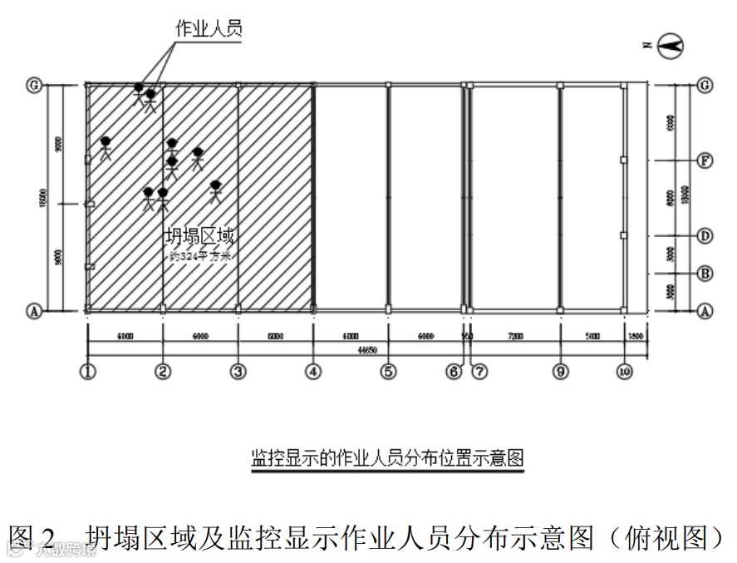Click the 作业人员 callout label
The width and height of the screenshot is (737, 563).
pos(208,27)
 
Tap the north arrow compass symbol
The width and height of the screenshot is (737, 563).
pos(670,46)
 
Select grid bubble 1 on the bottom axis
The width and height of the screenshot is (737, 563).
pos(88,372)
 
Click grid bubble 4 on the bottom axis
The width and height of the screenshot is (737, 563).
pos(313,372)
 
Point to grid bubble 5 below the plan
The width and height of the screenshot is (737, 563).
pos(388,372)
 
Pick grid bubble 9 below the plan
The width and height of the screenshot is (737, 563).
pos(561,372)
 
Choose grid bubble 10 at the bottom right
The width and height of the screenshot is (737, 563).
pos(624,372)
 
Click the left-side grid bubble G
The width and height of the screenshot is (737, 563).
pos(34,85)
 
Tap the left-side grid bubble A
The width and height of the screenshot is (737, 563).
pos(34,310)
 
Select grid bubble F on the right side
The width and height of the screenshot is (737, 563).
pos(705,160)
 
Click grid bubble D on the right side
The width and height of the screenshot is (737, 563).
pos(705,236)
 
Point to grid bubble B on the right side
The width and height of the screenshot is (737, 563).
pos(705,273)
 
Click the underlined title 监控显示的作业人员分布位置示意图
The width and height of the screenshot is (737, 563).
pos(387,457)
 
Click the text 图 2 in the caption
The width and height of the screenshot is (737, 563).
pos(31,536)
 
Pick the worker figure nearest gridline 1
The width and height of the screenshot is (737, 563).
pos(106,148)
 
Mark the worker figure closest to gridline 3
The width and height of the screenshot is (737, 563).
pos(216,191)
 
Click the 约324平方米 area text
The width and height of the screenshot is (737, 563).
pos(199,257)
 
